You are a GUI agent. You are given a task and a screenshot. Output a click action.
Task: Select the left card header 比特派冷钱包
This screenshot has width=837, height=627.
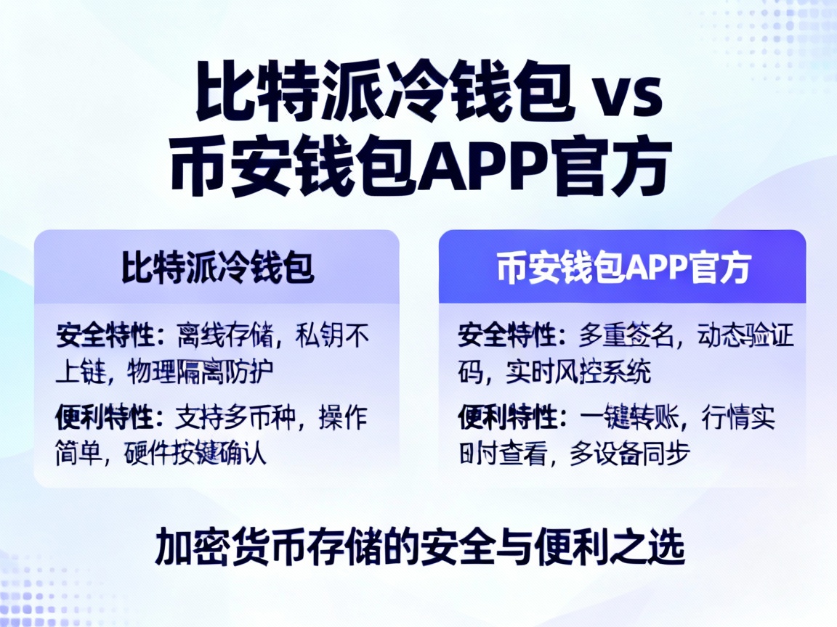pos(217,267)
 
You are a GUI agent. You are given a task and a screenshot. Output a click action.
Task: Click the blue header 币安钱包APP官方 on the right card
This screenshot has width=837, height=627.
pos(623,267)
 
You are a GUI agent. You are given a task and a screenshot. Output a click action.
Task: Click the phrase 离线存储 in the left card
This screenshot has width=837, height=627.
pos(225,335)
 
